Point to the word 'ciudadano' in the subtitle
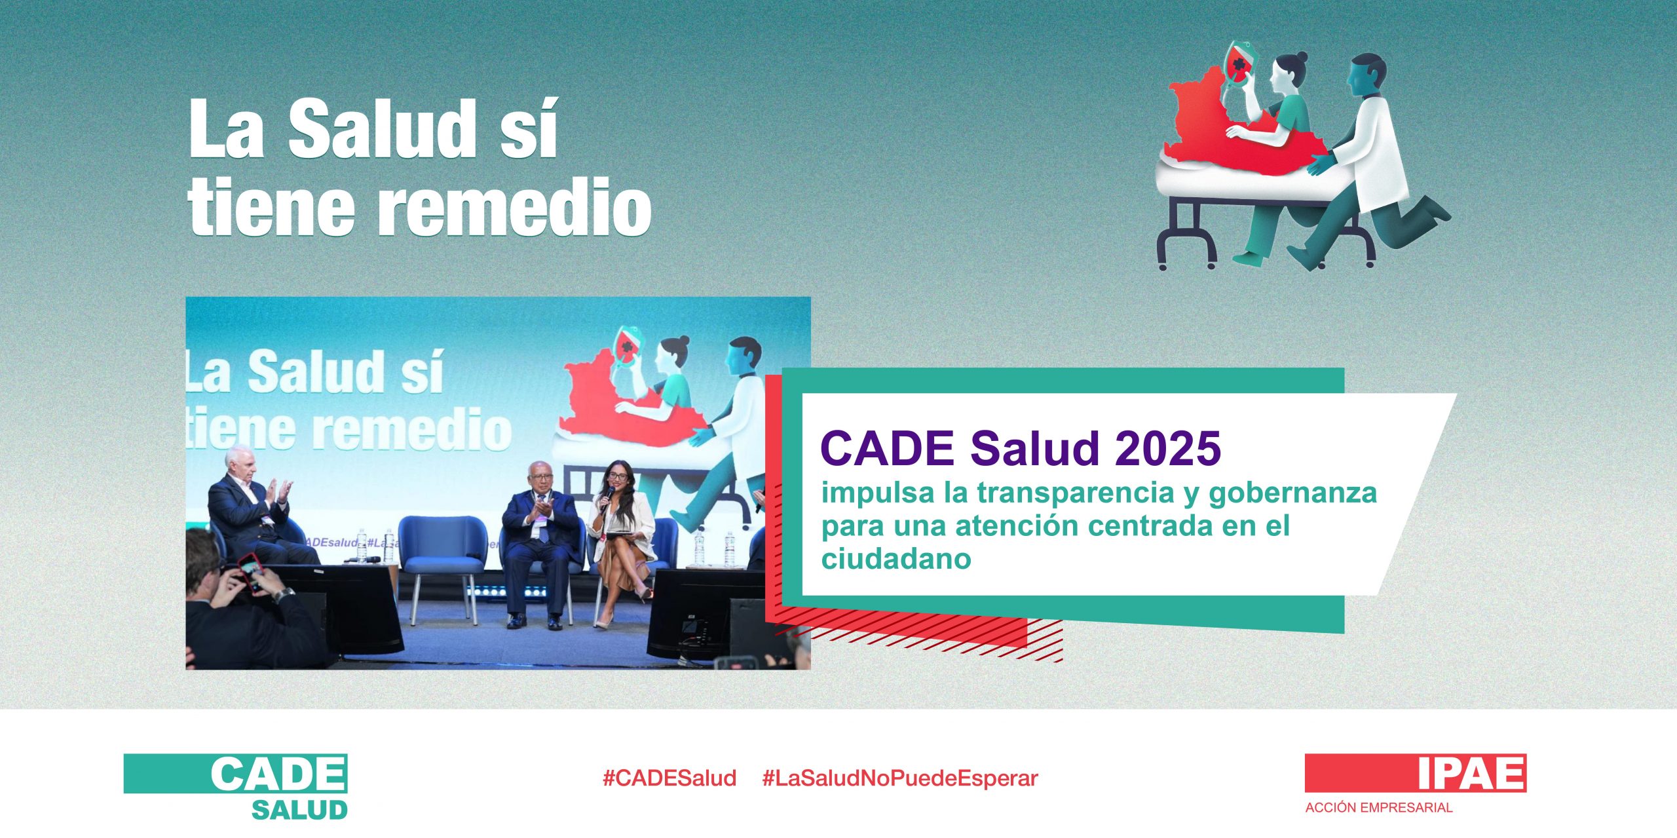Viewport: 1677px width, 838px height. [x=896, y=559]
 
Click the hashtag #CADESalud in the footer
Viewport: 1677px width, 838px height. [x=669, y=778]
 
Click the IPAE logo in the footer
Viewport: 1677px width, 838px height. [x=1416, y=774]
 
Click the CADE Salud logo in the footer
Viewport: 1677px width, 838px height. [x=236, y=787]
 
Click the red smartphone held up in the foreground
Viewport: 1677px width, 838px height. [x=251, y=571]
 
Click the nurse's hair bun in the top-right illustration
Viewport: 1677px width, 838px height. [x=1301, y=58]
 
